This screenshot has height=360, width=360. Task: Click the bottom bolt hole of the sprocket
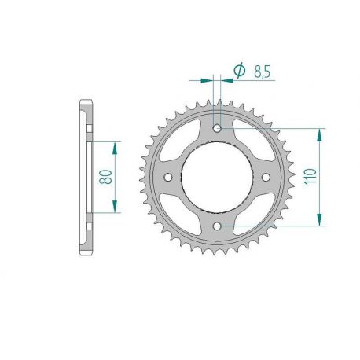click(218, 226)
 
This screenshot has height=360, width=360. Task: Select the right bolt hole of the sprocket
click(267, 177)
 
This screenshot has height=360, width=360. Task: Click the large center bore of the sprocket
click(218, 177)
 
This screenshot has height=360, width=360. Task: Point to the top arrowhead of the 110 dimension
click(320, 133)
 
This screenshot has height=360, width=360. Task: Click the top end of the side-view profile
click(86, 103)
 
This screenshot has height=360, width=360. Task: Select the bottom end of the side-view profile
click(86, 251)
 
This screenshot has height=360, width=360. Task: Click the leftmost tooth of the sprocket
click(142, 177)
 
